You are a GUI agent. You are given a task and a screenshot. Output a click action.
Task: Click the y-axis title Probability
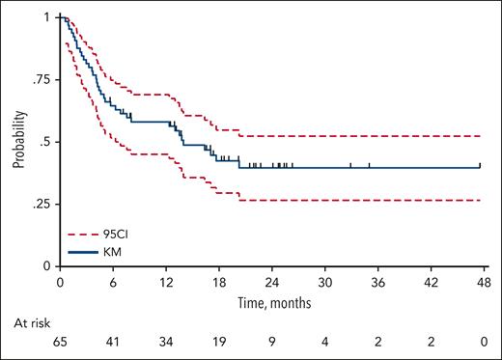[18, 142]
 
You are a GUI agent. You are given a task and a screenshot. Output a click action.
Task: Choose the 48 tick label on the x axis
[481, 282]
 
